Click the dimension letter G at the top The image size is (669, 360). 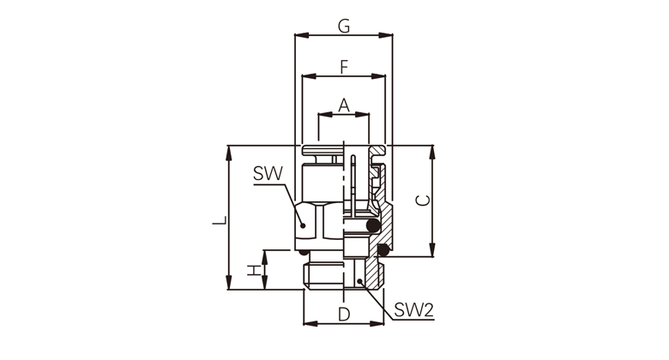(344, 26)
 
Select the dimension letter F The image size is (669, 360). (344, 67)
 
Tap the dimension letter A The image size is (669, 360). (344, 105)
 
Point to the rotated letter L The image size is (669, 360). (220, 221)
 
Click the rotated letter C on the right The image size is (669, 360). (423, 200)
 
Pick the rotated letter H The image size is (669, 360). (254, 270)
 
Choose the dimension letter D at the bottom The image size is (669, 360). (344, 315)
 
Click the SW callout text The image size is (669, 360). (268, 174)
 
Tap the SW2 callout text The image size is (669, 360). (414, 310)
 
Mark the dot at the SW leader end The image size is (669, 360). (303, 225)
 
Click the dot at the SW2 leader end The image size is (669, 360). (359, 280)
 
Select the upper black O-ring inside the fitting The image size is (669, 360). (373, 226)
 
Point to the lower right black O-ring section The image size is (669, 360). (383, 250)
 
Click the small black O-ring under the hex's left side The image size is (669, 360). (304, 253)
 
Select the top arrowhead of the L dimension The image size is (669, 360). (229, 153)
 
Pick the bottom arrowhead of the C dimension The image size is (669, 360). (432, 249)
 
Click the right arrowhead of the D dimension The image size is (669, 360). (377, 324)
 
